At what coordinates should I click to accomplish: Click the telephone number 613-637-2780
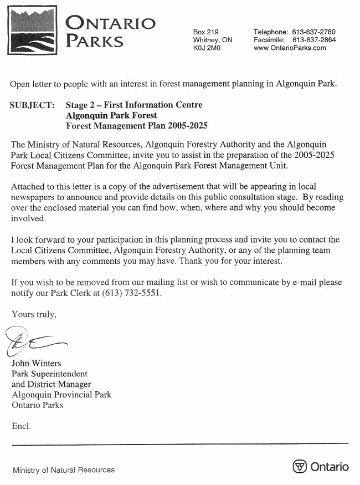point(313,32)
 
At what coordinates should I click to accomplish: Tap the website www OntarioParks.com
point(290,48)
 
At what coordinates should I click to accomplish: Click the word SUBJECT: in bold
point(32,105)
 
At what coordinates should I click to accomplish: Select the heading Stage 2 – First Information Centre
point(134,105)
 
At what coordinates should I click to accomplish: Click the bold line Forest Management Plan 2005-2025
point(136,126)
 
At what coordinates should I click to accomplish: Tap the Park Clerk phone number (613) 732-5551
point(132,293)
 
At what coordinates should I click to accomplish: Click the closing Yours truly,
point(34,314)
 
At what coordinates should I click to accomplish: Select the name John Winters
point(38,364)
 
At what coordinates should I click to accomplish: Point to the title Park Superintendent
point(50,374)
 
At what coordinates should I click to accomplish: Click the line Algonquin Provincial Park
point(61,395)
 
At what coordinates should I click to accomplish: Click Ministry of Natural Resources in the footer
point(64,470)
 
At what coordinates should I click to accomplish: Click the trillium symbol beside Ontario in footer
point(300,467)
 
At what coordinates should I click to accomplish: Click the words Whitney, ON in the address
point(213,40)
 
